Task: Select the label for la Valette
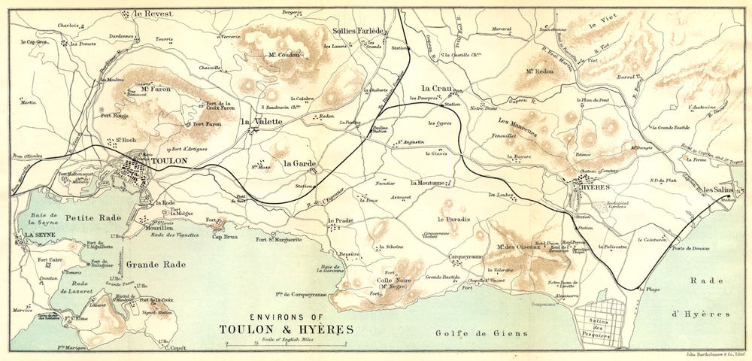[262, 121]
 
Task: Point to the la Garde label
[299, 162]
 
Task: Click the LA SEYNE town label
[36, 235]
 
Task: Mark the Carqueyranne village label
[466, 256]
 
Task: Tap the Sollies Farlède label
[358, 31]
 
